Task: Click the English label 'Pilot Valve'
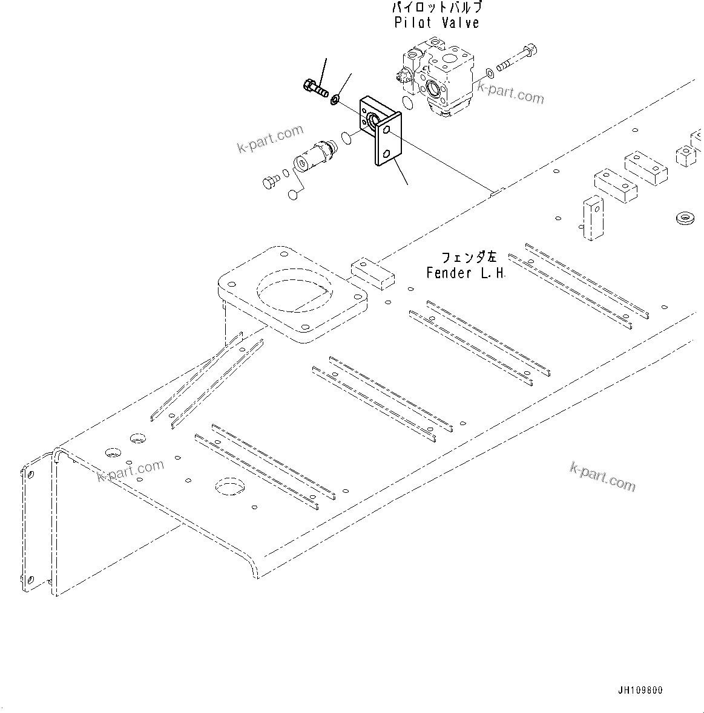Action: tap(436, 23)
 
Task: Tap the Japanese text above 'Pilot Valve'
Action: tap(436, 8)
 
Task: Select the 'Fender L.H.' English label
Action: tap(465, 273)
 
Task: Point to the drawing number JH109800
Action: tap(640, 690)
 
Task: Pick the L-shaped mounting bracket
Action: tap(381, 129)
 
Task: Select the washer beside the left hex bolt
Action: tap(335, 99)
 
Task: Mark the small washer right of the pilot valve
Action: tap(489, 75)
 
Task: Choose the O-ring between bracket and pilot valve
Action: tap(408, 103)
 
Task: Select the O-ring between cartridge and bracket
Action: tap(346, 138)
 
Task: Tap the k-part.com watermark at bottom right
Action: tap(602, 476)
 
